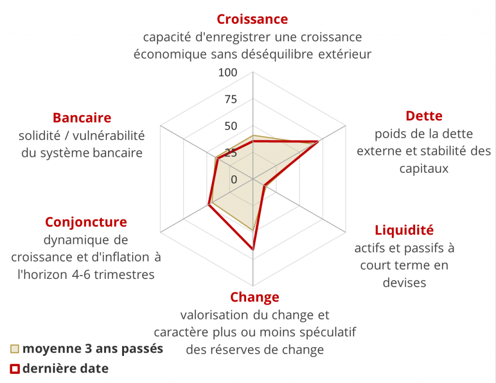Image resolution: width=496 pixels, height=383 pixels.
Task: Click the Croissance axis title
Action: pos(252,19)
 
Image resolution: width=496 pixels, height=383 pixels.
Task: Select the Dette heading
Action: pos(424,116)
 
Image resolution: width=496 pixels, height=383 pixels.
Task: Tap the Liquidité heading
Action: pos(404,230)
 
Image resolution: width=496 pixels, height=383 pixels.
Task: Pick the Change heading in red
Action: pos(255,296)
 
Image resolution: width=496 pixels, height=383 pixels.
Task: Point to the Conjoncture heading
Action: pos(86,222)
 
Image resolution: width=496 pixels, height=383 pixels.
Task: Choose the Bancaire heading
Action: pos(82,118)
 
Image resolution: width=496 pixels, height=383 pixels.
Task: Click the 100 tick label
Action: pos(228,73)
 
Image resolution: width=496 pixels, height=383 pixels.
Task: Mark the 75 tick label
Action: pos(231,100)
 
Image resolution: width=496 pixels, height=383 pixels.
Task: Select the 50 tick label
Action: pos(231,126)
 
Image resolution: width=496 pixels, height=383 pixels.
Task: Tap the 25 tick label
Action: pos(231,153)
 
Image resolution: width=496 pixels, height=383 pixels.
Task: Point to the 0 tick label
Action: pos(234,180)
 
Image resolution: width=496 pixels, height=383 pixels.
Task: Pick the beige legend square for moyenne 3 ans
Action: pos(15,349)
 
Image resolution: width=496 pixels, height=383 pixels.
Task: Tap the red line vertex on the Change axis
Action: pos(253,249)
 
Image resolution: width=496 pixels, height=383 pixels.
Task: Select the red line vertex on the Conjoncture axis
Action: pos(209,205)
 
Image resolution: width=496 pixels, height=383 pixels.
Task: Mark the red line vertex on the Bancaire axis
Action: pos(217,159)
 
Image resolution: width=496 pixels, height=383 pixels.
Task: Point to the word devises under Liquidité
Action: pos(404,283)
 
